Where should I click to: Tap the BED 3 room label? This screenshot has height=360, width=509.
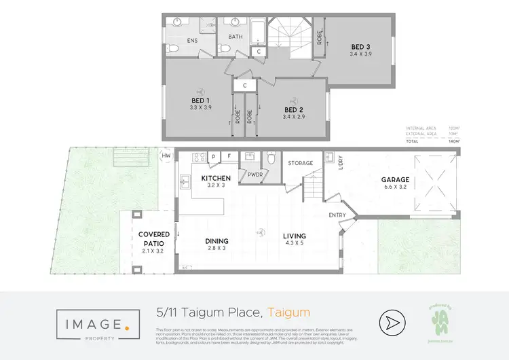361,47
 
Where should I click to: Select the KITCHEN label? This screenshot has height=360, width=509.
216,179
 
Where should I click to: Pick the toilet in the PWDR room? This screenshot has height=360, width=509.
271,159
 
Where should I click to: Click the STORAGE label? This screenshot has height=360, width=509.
301,163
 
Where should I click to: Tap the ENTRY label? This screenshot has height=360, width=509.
337,215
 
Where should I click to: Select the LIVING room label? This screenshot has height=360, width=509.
295,236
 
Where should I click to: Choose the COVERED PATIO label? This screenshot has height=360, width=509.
149,239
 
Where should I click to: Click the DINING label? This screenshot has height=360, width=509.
216,241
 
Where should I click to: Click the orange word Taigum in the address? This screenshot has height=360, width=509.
288,313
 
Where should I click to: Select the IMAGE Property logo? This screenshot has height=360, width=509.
93,323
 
